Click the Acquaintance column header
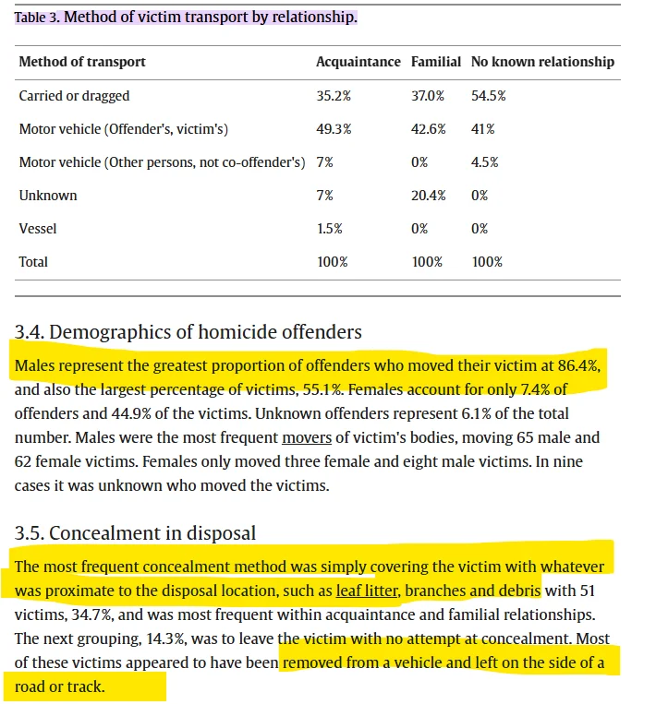358,62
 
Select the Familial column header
435,62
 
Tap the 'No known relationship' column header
542,62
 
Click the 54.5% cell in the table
488,96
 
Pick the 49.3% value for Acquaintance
334,129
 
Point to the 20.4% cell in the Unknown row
429,196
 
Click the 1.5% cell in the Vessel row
329,229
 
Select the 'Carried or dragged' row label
74,96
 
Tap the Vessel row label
37,229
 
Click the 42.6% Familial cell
429,129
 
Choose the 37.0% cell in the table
429,96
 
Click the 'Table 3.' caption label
37,18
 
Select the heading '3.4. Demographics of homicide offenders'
188,331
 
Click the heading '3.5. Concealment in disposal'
135,533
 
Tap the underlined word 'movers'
306,437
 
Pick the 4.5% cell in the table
484,162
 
